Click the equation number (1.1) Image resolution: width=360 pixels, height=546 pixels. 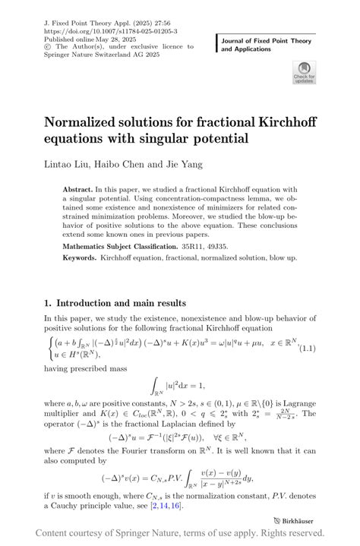tap(329, 348)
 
